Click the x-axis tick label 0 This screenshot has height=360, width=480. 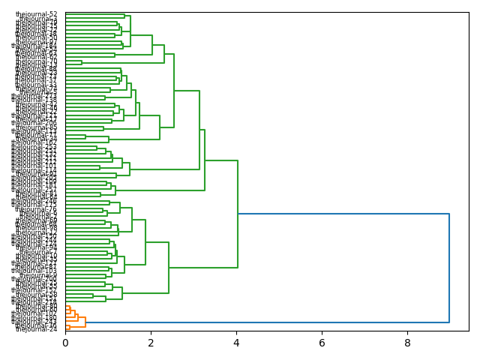65,343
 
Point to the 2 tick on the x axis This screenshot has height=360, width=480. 151,343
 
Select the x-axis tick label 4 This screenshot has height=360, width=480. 236,343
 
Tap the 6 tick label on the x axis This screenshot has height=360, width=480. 322,343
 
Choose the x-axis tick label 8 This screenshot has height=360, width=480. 407,343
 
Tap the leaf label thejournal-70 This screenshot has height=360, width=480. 36,61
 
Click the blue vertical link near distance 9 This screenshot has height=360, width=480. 449,268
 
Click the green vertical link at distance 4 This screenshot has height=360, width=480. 238,214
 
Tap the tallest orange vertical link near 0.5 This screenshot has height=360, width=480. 85,322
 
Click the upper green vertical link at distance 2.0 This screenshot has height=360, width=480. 152,45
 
